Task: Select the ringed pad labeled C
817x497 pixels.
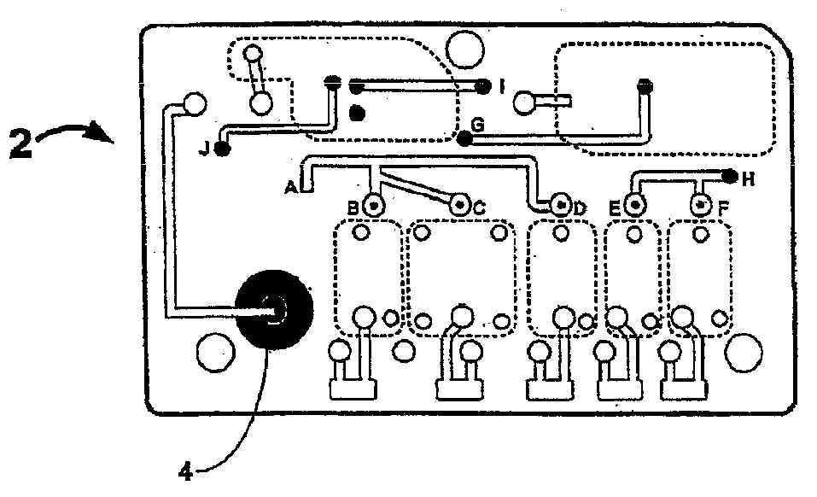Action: [460, 205]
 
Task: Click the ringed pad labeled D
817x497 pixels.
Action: [561, 205]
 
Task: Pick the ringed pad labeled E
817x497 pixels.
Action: [634, 205]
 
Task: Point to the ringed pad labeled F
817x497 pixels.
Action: [702, 205]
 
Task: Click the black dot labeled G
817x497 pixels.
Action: [464, 138]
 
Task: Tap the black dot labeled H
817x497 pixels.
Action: [730, 177]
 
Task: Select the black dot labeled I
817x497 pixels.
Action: [482, 85]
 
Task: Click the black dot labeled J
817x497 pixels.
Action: [223, 150]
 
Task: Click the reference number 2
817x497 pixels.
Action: [22, 142]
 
